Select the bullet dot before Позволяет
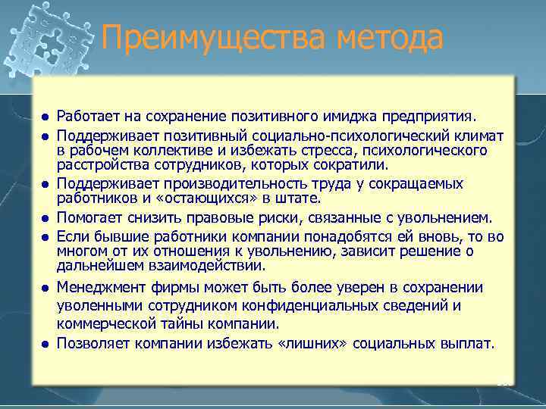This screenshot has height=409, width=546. coord(45,344)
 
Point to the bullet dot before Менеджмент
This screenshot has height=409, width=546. coord(45,289)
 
